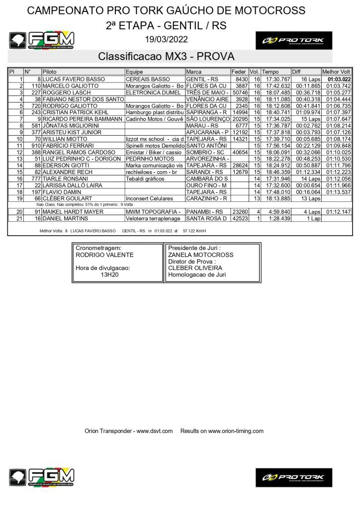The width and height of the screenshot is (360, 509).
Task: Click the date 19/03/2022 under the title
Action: click(166, 40)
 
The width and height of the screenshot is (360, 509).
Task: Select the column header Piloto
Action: click(50, 72)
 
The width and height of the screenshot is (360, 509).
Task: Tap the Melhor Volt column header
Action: click(337, 72)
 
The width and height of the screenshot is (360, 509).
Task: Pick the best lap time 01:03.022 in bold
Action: click(339, 79)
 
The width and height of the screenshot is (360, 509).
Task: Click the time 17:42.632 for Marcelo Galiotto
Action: click(276, 86)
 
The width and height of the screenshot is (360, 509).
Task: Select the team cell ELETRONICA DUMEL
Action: click(154, 92)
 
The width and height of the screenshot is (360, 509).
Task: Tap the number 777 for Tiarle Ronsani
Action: click(35, 178)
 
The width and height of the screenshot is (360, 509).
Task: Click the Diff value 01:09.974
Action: click(305, 112)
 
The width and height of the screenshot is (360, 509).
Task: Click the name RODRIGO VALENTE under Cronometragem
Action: click(104, 255)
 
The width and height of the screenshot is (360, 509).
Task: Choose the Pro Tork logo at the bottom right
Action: click(293, 477)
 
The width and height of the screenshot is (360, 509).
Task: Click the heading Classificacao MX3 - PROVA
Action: click(166, 56)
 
